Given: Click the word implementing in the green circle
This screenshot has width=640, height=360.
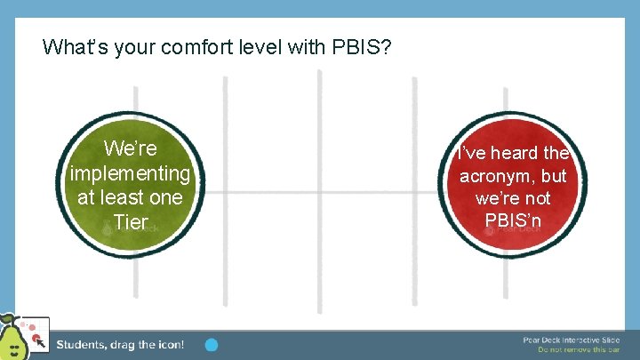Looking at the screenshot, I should click(130, 172).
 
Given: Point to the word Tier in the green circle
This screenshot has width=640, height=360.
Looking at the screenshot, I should click(131, 222).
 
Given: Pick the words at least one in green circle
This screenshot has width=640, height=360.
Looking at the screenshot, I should click(130, 196).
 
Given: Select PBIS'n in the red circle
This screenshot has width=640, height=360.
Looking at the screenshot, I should click(513, 220).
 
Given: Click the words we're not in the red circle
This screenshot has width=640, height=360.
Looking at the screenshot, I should click(513, 197).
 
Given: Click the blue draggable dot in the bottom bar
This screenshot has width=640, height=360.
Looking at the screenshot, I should click(212, 344).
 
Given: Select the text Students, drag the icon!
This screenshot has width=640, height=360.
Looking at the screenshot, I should click(120, 345).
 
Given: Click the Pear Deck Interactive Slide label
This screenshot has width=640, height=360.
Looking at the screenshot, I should click(572, 340).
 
